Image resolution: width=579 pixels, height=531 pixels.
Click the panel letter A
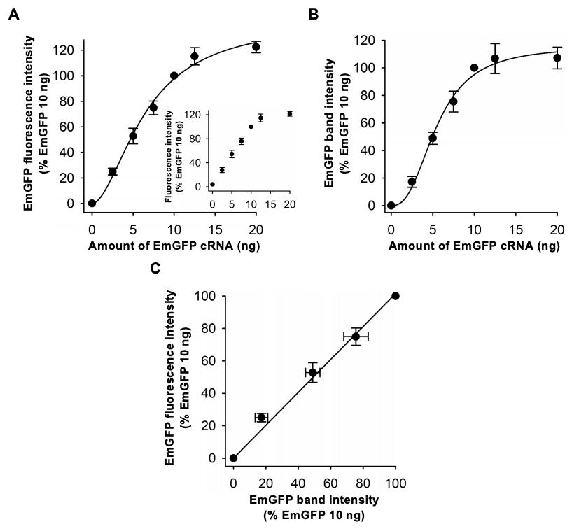click(12, 14)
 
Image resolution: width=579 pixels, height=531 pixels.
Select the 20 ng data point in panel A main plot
click(256, 47)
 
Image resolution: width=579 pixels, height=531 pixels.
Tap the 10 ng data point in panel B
click(474, 68)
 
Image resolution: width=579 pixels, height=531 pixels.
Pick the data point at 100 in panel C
click(396, 296)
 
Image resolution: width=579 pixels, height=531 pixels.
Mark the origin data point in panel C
click(233, 458)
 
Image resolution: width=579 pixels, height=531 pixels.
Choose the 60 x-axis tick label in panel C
click(330, 482)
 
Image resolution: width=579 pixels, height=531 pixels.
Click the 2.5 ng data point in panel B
click(412, 182)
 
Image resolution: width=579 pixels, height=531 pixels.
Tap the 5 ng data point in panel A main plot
click(132, 136)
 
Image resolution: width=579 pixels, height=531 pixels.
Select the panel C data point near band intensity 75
click(356, 337)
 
